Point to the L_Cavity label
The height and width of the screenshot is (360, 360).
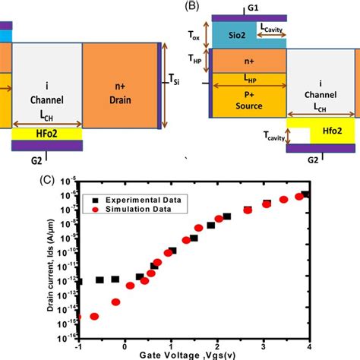click(x=271, y=28)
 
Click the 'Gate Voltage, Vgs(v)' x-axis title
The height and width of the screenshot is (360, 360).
click(x=191, y=354)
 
